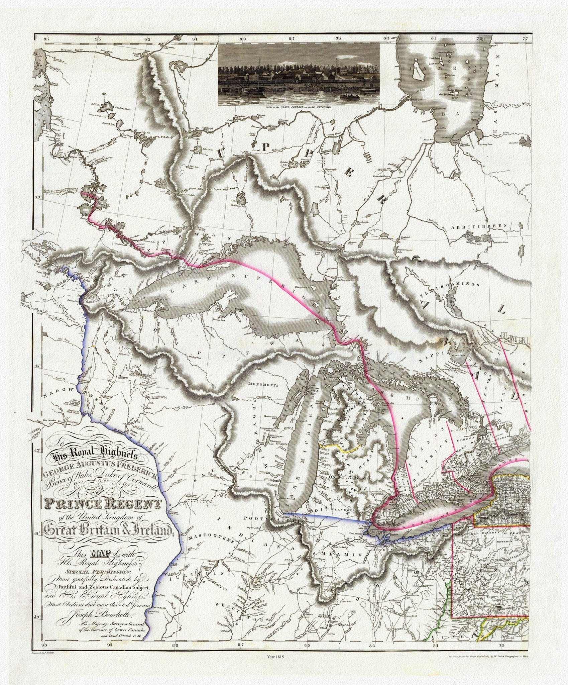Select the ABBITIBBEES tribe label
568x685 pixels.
coord(491,226)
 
